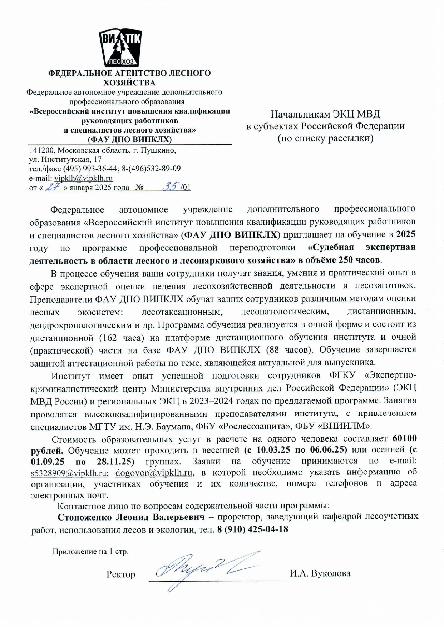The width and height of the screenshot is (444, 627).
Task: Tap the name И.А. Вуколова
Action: (320, 573)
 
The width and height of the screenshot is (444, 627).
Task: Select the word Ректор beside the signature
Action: (121, 574)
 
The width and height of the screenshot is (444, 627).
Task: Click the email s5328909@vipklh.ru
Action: (69, 473)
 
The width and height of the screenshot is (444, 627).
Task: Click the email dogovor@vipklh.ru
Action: (154, 473)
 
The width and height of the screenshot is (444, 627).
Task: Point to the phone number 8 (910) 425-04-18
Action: (253, 529)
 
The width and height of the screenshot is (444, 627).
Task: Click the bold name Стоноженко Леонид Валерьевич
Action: (131, 517)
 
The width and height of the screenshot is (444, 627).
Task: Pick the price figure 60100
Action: (404, 438)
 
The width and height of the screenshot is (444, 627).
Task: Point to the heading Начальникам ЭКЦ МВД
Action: (325, 114)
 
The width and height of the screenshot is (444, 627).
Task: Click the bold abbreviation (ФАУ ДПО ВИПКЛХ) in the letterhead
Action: (130, 139)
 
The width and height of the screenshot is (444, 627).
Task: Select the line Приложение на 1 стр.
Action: (90, 551)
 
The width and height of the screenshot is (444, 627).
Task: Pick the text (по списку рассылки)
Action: (325, 138)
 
